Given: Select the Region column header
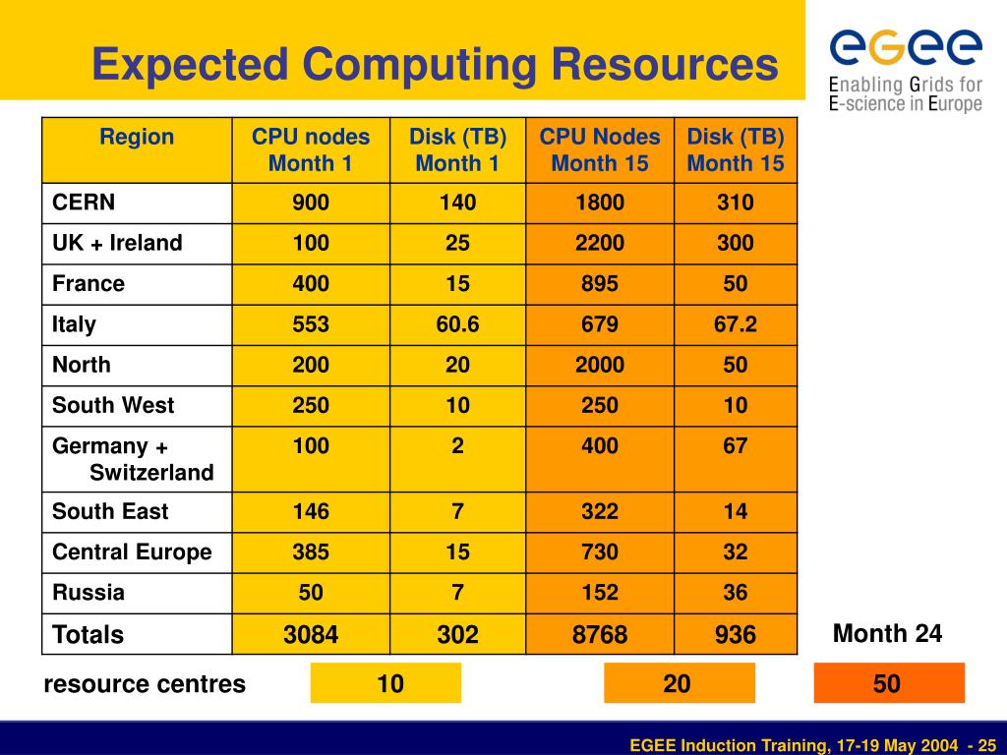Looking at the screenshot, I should pyautogui.click(x=137, y=137).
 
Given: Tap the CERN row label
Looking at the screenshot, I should pyautogui.click(x=84, y=203).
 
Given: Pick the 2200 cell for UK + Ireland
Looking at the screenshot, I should pyautogui.click(x=600, y=243).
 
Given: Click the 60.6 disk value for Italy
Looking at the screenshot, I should pyautogui.click(x=458, y=323).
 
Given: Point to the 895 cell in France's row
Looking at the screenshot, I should pyautogui.click(x=600, y=283).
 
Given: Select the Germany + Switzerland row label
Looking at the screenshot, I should pyautogui.click(x=133, y=459).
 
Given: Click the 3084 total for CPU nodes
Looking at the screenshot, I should pyautogui.click(x=311, y=634).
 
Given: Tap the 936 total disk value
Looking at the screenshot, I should pyautogui.click(x=736, y=634).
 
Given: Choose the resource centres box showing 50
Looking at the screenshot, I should pyautogui.click(x=888, y=683).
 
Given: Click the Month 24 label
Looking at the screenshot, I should pyautogui.click(x=887, y=634).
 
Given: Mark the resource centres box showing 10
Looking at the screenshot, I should pyautogui.click(x=385, y=683).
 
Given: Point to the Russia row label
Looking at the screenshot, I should pyautogui.click(x=89, y=592).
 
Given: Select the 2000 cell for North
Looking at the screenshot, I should pyautogui.click(x=600, y=364).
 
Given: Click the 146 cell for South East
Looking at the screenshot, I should pyautogui.click(x=311, y=511).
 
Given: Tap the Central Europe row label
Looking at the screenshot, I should pyautogui.click(x=132, y=552).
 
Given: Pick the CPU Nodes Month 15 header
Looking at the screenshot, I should pyautogui.click(x=600, y=149).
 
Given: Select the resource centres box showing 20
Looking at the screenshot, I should pyautogui.click(x=679, y=683).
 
